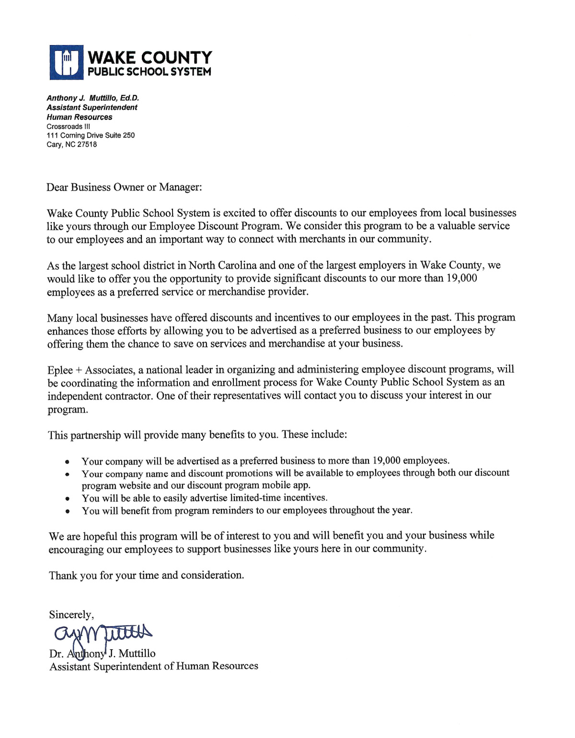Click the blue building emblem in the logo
click(x=66, y=62)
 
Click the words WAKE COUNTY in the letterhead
click(x=149, y=58)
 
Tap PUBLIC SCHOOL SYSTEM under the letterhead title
click(x=149, y=72)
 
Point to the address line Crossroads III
click(x=68, y=127)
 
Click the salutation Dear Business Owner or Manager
click(x=124, y=187)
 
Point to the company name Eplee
click(x=60, y=370)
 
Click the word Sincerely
click(x=71, y=615)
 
